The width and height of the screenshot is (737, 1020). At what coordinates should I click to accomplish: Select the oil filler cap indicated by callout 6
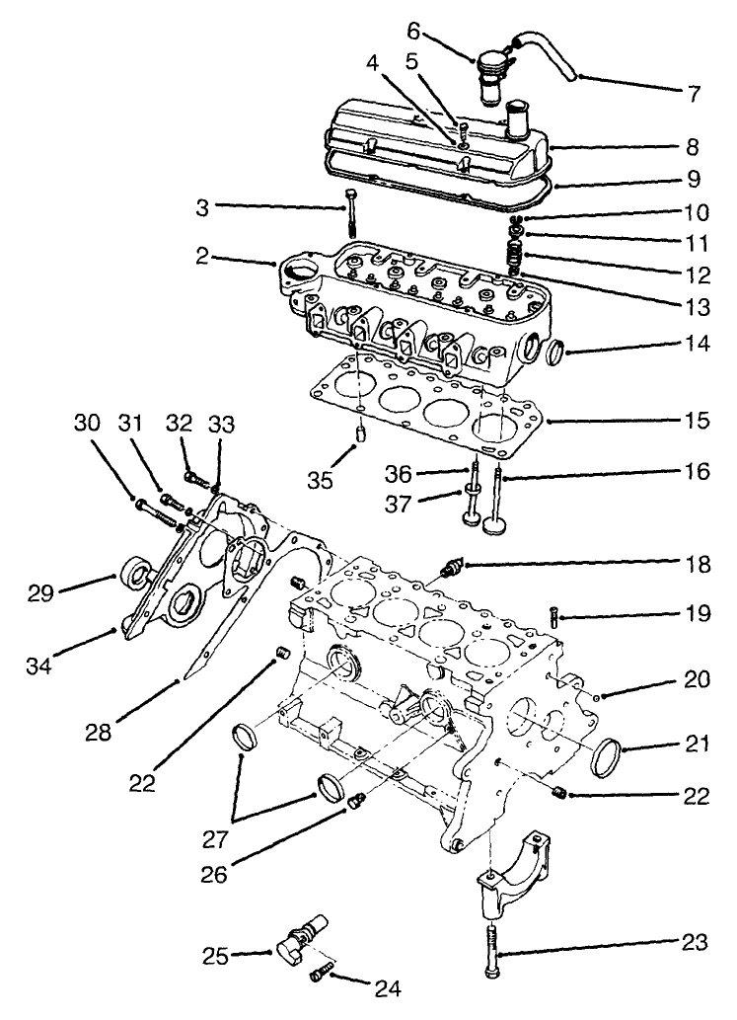click(489, 72)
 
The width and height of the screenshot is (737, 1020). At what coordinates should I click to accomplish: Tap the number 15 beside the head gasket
click(697, 421)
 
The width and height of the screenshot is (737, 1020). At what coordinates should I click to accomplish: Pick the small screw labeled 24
click(320, 975)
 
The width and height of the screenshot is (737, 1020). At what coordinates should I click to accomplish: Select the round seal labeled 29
click(135, 570)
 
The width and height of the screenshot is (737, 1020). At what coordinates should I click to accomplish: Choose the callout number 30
click(87, 423)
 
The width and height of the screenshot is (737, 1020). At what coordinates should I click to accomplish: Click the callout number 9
click(697, 180)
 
